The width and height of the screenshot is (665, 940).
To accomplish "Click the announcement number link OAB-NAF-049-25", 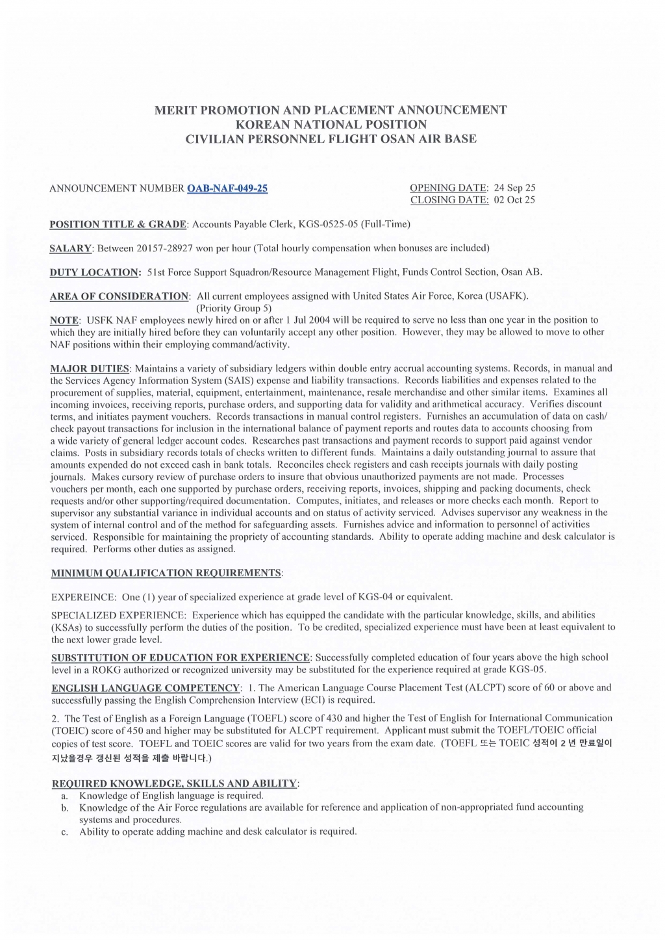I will (x=227, y=188).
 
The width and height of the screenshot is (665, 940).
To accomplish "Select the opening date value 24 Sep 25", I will (x=514, y=188).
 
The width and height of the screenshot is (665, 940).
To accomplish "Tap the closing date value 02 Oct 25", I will (x=514, y=199).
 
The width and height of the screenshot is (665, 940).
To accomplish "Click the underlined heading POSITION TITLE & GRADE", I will (x=118, y=224).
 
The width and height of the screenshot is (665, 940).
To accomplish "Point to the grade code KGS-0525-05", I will (x=325, y=224).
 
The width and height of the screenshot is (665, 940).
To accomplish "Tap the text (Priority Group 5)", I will (x=234, y=308).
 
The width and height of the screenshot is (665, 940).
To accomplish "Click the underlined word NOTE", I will (x=64, y=320).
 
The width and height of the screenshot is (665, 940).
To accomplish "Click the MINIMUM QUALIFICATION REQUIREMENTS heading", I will (x=167, y=573).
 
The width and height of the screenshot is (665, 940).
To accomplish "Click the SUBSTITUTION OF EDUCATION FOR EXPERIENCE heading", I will (x=181, y=657).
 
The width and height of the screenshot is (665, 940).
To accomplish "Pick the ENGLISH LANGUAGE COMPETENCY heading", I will (x=145, y=688).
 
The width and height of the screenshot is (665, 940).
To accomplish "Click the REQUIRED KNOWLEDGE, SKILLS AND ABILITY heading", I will (x=174, y=783).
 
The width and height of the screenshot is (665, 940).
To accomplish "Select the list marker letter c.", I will (x=64, y=832).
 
